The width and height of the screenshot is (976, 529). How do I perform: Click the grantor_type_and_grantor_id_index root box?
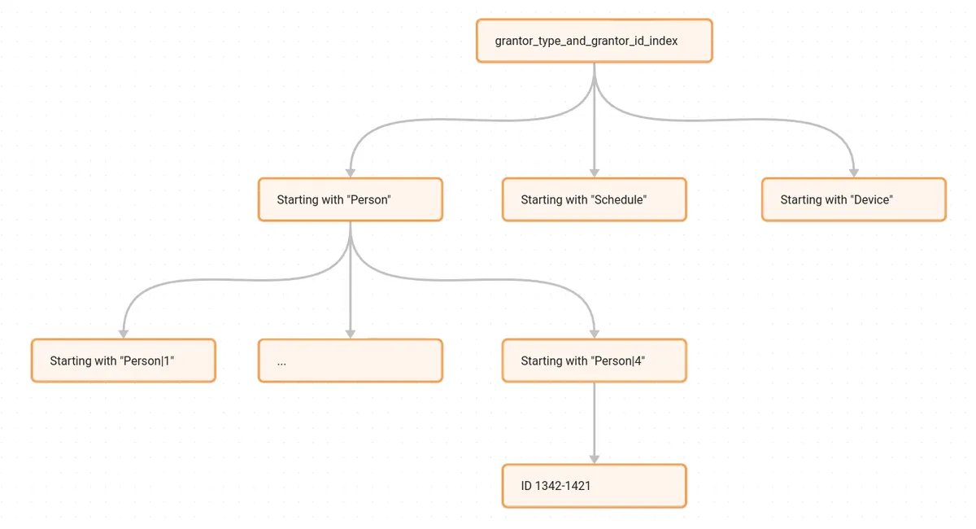[595, 41]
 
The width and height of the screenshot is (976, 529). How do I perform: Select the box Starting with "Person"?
[351, 199]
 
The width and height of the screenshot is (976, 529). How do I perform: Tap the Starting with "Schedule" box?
[595, 199]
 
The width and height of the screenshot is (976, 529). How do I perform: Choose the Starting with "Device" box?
[854, 199]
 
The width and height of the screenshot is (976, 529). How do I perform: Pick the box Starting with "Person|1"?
[124, 361]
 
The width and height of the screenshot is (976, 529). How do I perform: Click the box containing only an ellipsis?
[351, 361]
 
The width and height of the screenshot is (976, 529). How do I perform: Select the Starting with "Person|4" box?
[595, 361]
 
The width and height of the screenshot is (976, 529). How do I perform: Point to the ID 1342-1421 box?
[595, 486]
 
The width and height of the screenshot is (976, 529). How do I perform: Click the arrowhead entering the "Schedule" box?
[595, 173]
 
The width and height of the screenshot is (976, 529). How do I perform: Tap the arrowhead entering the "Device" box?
[854, 173]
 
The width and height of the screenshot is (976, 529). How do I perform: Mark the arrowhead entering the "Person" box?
[351, 173]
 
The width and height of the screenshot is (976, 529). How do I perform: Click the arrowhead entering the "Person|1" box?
[124, 334]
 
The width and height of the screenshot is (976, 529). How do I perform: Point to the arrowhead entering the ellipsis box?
[351, 334]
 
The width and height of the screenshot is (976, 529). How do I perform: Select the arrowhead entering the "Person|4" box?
[595, 334]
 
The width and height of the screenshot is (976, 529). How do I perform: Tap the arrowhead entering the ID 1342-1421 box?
[595, 459]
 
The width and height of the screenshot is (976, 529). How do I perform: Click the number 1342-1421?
[562, 486]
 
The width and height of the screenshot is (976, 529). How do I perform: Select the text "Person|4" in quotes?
[617, 361]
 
